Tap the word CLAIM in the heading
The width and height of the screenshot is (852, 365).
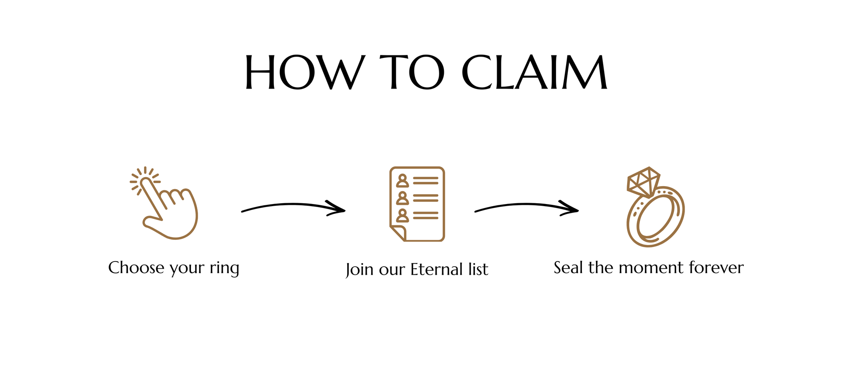(x=535, y=72)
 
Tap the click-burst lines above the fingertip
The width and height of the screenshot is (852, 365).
(x=145, y=175)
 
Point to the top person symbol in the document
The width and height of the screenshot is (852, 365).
(x=402, y=181)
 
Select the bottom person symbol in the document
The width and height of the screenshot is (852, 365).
(x=402, y=216)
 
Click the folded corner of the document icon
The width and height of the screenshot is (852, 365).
(x=398, y=233)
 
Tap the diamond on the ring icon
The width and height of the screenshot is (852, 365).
(x=643, y=181)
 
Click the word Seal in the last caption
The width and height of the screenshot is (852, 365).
(x=569, y=268)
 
